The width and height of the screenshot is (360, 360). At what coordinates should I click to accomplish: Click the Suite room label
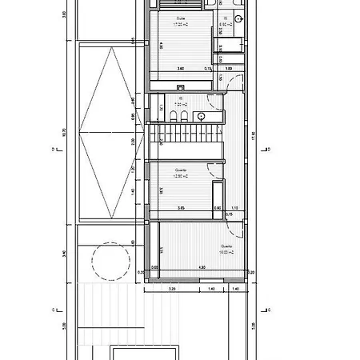[180, 18]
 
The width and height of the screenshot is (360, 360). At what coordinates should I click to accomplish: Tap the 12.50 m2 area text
[181, 176]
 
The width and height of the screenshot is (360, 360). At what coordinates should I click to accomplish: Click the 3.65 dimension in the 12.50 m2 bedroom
[181, 208]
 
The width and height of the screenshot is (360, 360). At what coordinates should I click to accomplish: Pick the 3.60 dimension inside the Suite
[181, 69]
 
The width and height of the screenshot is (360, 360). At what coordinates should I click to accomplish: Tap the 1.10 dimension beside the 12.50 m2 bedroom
[234, 208]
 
